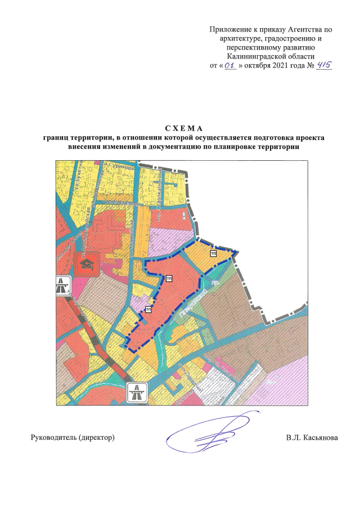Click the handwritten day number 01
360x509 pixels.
229,66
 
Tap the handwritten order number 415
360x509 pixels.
324,65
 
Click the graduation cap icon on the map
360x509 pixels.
87,263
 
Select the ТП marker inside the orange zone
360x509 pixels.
214,254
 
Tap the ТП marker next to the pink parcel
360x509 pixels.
148,309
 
